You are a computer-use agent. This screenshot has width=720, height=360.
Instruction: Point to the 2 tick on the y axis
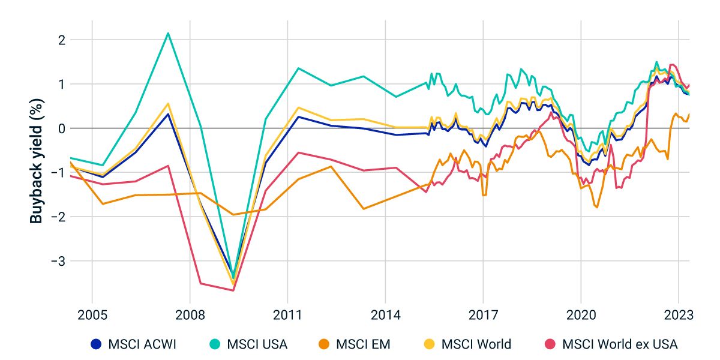[x=61, y=40]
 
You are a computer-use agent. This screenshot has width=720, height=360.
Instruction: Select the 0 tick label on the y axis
[x=61, y=128]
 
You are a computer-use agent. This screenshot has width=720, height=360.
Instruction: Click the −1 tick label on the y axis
[x=58, y=173]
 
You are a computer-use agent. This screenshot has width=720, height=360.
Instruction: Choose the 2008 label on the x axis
[x=190, y=315]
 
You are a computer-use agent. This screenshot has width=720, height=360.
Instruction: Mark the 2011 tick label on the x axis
[x=287, y=315]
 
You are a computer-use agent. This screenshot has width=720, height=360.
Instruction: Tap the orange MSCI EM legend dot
[x=323, y=344]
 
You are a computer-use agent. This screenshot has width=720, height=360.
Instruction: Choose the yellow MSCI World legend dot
[x=429, y=344]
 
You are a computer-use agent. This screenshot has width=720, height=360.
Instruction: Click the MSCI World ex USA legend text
[x=619, y=344]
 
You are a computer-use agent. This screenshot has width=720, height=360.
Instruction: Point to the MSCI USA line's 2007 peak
[x=168, y=33]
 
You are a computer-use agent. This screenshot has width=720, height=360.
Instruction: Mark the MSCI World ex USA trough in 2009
[x=233, y=290]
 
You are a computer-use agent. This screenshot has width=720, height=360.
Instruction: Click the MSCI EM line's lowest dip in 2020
[x=597, y=208]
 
